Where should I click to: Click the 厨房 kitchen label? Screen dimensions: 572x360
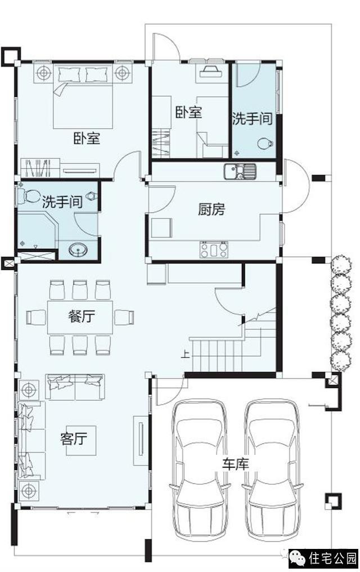211,209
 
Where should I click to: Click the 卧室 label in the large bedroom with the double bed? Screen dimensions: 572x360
86,138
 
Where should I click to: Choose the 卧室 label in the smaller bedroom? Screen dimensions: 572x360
188,112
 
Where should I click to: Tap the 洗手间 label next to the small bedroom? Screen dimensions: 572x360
253,119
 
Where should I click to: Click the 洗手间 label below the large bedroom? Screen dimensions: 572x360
62,202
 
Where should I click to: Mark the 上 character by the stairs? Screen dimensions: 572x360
185,355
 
